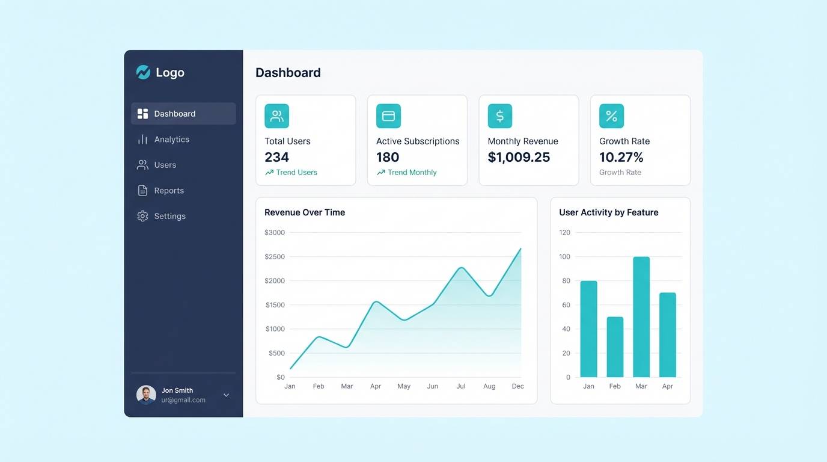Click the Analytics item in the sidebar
coord(171,140)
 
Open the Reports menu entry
coord(168,191)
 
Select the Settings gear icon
coord(142,216)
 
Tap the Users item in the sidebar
coord(165,165)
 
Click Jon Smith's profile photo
coord(146,395)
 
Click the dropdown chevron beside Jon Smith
coord(227,395)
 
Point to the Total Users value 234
coord(277,158)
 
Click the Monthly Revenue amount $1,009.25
coord(519,158)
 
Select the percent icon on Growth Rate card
coord(611,116)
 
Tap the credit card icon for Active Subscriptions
coord(388,116)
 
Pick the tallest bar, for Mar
coord(641,317)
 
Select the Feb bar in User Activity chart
coord(615,347)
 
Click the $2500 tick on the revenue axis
coord(275,257)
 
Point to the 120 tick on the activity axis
coord(564,232)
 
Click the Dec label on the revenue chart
coord(518,386)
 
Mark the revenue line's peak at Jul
coord(461,268)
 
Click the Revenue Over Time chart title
coord(305,212)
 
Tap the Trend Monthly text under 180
coord(412,173)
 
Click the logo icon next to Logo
coord(143,73)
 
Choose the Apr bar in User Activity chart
coord(668,335)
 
